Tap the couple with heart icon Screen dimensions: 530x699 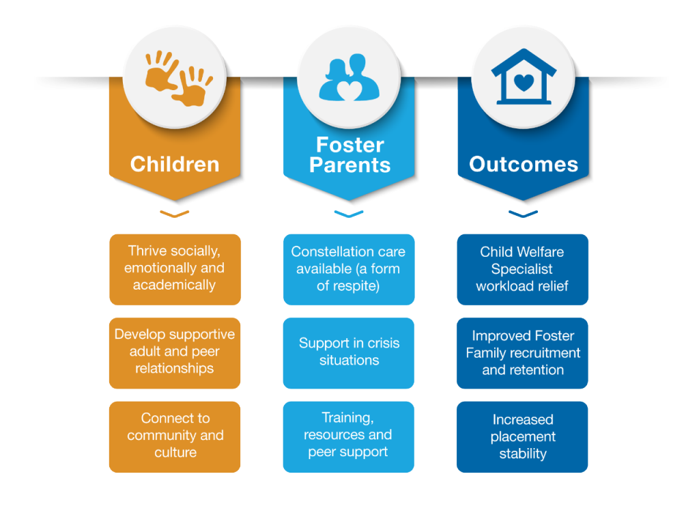tap(349, 79)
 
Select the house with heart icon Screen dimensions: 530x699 tap(523, 76)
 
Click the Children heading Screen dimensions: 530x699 tap(175, 165)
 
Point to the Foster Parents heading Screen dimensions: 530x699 tap(349, 155)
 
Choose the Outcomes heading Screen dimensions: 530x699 tap(524, 165)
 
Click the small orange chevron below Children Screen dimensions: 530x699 tap(175, 214)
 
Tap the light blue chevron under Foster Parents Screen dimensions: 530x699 tap(349, 214)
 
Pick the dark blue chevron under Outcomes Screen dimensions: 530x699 tap(523, 214)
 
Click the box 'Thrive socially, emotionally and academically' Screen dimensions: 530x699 tap(175, 269)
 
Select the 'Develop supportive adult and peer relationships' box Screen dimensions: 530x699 tap(175, 352)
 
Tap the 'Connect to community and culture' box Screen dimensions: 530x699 tap(175, 436)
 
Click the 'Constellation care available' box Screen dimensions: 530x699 tap(349, 269)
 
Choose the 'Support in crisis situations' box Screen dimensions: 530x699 tap(349, 352)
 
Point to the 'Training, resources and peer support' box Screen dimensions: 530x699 tap(349, 436)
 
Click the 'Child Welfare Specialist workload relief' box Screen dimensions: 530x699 tap(522, 269)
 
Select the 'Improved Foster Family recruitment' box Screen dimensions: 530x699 tap(522, 352)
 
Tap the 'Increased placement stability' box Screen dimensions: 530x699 tap(522, 436)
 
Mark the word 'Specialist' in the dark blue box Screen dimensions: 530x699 tap(522, 269)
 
